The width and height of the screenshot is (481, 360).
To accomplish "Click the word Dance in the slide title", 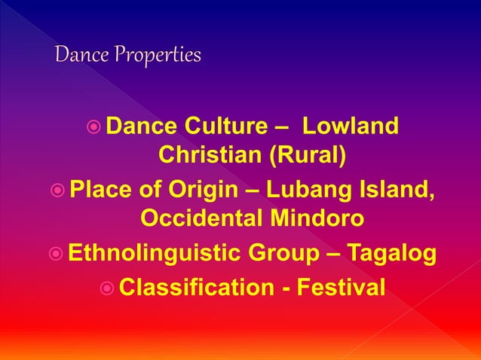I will tap(81, 56).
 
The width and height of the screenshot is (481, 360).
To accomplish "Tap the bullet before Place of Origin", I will tap(57, 188).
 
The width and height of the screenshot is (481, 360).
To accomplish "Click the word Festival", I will tap(343, 287).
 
